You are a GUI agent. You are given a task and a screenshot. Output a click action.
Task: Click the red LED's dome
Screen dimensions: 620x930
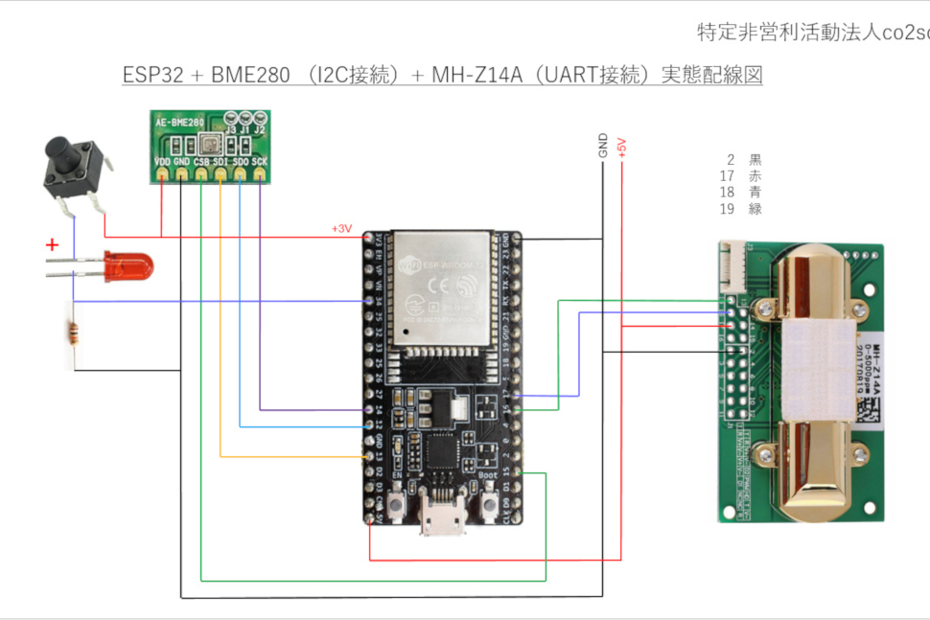(126, 266)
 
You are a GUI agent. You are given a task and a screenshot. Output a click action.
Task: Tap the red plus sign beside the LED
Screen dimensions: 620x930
(52, 245)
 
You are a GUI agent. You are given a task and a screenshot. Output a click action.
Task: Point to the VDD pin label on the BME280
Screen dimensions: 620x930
(163, 161)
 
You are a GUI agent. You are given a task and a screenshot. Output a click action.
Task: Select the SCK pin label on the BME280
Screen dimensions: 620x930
(260, 161)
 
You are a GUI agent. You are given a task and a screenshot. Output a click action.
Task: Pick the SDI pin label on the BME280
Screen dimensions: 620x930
(221, 161)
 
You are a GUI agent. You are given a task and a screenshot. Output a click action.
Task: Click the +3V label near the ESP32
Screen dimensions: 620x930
(341, 229)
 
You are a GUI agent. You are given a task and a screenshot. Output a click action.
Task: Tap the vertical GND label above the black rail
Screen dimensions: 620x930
(603, 147)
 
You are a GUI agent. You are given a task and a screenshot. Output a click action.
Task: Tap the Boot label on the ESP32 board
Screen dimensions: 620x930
(487, 474)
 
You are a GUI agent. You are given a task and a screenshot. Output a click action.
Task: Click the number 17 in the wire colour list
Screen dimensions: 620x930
(727, 175)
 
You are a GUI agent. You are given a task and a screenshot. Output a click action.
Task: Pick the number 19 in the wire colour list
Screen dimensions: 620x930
(727, 208)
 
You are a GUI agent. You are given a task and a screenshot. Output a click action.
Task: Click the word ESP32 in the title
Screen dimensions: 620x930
(152, 76)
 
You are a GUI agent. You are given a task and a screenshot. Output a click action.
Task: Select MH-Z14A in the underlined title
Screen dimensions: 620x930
(476, 76)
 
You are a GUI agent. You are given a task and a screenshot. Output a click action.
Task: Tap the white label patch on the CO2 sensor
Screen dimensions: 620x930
(820, 369)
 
